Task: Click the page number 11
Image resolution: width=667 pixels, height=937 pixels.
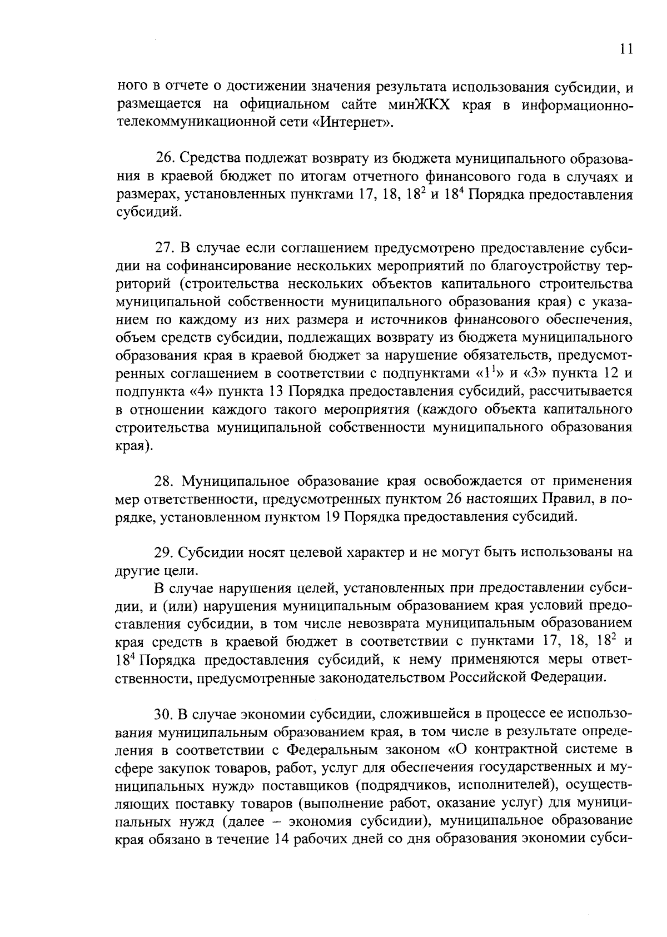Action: (x=626, y=49)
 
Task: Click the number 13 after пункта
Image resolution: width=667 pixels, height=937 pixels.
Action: (x=276, y=391)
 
